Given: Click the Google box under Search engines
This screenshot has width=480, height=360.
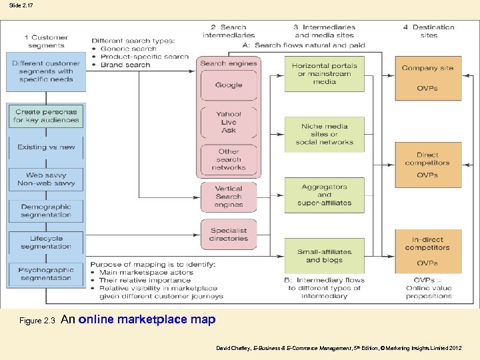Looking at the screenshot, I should point(229,85).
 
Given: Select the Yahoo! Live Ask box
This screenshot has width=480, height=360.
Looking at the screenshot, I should point(229,123).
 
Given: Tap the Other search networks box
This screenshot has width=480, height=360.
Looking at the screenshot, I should point(229,160).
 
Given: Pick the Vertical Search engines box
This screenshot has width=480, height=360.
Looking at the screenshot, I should point(229,197).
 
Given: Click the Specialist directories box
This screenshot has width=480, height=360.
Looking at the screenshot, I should point(229,234).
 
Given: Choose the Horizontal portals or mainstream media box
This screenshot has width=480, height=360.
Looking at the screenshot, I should point(324,74).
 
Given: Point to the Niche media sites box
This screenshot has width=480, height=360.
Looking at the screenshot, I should point(324,134).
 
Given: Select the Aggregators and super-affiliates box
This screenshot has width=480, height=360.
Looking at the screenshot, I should point(324,195).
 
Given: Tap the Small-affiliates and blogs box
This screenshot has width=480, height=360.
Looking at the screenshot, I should point(324,256).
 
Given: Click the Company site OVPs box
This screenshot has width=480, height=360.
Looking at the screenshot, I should point(427,78).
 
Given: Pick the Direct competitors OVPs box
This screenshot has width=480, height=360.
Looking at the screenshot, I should point(427,165).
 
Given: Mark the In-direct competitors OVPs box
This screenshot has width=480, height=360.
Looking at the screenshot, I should point(427,251).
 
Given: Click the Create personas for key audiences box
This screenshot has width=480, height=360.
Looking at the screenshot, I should point(46,116).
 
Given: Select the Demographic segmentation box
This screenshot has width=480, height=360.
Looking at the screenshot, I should point(46,211).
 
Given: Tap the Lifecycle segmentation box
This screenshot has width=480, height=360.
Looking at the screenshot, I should point(46,242).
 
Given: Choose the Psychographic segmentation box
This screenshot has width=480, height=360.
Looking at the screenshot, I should point(46,274).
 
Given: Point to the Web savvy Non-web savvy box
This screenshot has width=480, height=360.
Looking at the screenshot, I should point(46,179).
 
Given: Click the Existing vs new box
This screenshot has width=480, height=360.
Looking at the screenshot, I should point(46,147).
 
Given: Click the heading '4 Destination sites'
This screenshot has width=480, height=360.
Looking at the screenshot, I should point(429,31).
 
